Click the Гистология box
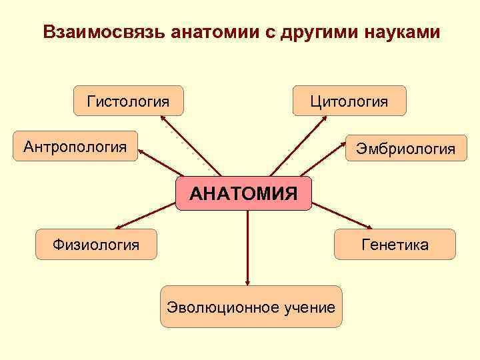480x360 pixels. tap(128, 101)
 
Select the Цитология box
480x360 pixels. tap(349, 101)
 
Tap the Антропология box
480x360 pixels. tap(75, 146)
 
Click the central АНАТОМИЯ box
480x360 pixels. tap(243, 194)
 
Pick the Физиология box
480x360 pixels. tap(97, 245)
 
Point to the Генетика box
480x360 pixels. tap(395, 245)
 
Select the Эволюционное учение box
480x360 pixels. tap(251, 307)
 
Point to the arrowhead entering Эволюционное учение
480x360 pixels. tap(247, 283)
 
